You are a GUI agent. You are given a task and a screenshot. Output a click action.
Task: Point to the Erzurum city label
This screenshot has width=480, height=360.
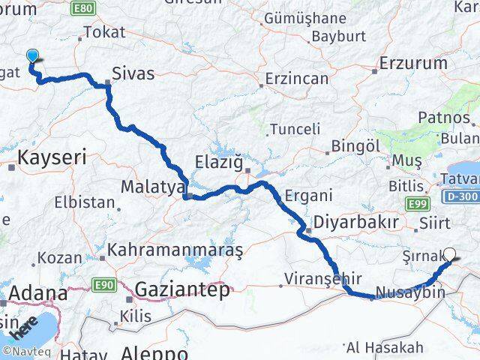pos(413,62)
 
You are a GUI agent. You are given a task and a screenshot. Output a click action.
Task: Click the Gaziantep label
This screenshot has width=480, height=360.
pos(183,290)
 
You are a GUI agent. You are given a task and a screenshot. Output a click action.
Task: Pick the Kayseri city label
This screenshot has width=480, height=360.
pos(52,158)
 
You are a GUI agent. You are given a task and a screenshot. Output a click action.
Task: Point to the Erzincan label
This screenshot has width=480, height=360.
pos(298,79)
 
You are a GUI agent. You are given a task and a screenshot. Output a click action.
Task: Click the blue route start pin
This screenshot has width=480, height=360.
pos(32,56)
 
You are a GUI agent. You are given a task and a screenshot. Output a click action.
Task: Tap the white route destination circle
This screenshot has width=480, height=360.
pos(450,253)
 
